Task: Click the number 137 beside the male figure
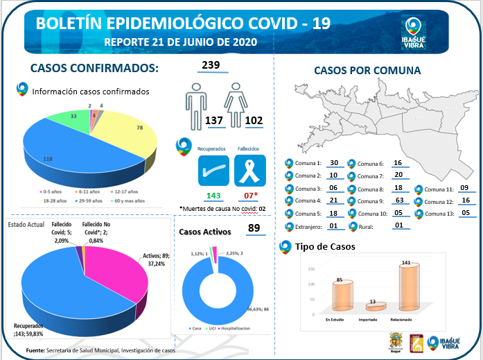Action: (x=214, y=121)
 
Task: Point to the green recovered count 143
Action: (x=213, y=196)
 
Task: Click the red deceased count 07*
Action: (x=250, y=196)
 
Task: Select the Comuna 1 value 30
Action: (x=333, y=163)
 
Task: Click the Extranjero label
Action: (x=308, y=227)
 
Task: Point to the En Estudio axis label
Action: (x=338, y=320)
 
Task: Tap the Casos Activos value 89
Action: (x=253, y=228)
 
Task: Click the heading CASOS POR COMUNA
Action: (x=367, y=70)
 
